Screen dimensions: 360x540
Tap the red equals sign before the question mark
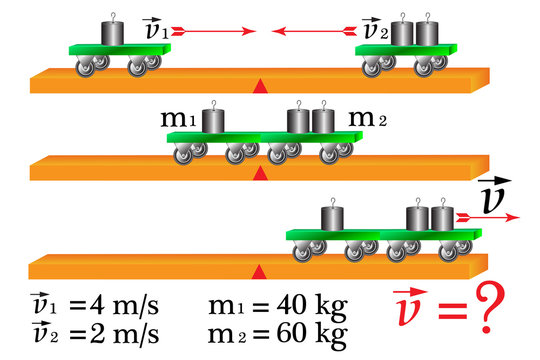(451, 316)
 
